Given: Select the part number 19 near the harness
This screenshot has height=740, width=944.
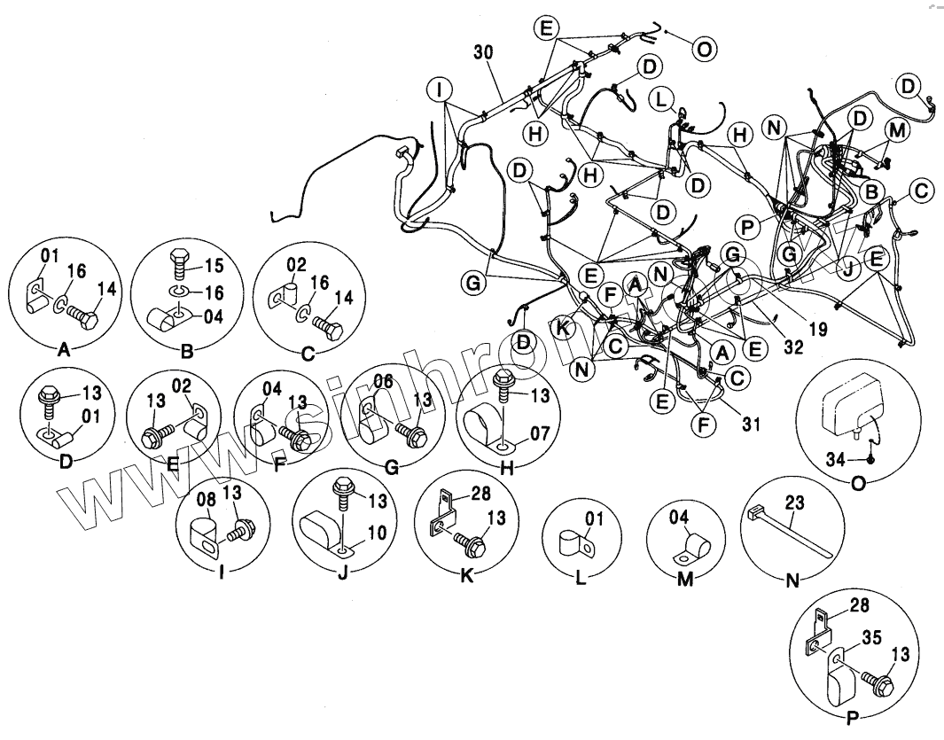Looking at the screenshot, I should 818,330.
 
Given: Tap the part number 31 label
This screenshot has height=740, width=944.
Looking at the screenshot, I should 752,425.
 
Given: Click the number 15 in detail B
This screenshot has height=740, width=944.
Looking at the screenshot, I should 215,263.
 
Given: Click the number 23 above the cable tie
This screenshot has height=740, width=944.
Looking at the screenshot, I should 796,502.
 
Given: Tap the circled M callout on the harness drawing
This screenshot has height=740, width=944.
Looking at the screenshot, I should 897,130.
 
